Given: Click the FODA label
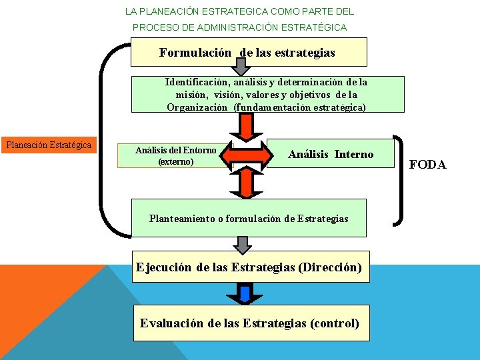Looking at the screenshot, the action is point(427,165).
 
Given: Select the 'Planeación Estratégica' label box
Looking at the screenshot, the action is point(48,145).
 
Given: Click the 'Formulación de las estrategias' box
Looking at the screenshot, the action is point(248,52).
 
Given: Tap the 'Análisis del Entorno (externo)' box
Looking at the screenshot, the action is point(175,155).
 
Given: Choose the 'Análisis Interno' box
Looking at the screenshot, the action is point(331,155).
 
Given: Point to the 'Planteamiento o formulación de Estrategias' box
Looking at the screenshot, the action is point(249,218).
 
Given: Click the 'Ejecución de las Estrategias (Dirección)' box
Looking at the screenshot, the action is point(249,267).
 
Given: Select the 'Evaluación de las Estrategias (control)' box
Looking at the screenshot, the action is point(250,323).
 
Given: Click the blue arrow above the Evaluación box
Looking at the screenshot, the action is point(245,293).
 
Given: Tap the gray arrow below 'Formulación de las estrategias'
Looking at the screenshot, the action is point(242,65).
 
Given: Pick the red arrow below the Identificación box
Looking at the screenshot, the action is point(247,125).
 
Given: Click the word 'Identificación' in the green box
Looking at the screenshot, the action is point(195,82).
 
